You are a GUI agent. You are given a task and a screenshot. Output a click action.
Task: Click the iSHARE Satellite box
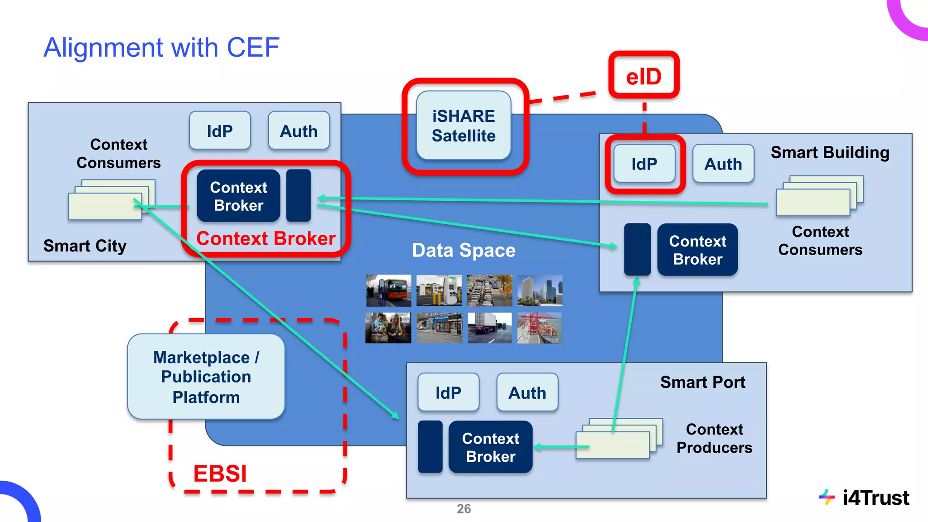(464, 126)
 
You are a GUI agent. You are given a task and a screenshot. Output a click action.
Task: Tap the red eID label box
(643, 76)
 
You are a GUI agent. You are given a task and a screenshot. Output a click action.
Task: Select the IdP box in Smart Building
(644, 164)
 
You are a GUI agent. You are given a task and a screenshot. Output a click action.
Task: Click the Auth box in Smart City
(299, 131)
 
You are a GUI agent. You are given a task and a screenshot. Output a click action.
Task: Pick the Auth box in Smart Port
(527, 392)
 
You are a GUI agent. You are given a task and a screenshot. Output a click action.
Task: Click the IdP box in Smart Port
(448, 392)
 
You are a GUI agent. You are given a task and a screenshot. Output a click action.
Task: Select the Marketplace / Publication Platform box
(206, 377)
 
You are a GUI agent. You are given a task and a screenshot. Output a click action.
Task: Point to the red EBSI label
(220, 474)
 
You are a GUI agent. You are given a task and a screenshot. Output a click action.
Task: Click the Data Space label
(464, 250)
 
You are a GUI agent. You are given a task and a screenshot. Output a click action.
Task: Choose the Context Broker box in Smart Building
(697, 250)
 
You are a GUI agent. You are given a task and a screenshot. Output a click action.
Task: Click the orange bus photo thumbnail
(389, 290)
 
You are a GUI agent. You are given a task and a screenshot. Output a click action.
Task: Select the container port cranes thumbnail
(539, 328)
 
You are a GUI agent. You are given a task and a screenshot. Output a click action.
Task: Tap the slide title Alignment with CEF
(161, 48)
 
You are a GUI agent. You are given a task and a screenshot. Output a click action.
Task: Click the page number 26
(464, 508)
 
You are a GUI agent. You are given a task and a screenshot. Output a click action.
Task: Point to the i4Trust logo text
(875, 498)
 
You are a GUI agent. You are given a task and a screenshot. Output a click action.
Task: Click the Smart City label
(85, 246)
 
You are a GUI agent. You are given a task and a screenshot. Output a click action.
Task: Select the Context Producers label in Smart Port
(714, 438)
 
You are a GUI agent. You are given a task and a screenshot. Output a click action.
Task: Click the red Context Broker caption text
(266, 238)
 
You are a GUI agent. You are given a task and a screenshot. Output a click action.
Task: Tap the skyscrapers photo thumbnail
(539, 290)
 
